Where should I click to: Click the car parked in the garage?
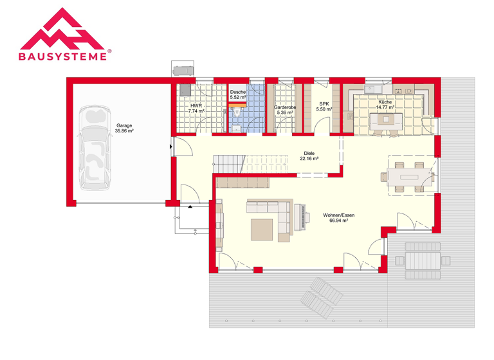(x=95, y=148)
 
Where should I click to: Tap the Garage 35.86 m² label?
(x=124, y=128)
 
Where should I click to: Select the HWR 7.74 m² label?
(x=196, y=109)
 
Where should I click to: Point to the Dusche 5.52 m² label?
(x=238, y=94)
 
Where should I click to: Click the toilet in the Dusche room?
(x=237, y=113)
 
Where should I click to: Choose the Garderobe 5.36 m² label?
(x=284, y=110)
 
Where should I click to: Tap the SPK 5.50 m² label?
(x=324, y=107)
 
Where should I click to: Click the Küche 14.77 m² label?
(x=385, y=105)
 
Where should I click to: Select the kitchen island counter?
(x=386, y=119)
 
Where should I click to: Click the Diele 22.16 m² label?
(x=309, y=157)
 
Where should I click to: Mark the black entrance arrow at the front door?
(x=190, y=207)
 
